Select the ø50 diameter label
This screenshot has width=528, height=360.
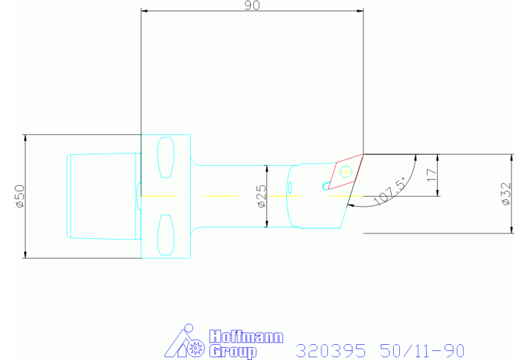(x=19, y=196)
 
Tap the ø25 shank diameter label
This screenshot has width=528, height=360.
(x=261, y=196)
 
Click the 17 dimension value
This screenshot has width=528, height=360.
(x=432, y=175)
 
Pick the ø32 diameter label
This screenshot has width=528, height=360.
(x=506, y=193)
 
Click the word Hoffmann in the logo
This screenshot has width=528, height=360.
(x=246, y=337)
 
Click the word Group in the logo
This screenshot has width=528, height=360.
(x=232, y=352)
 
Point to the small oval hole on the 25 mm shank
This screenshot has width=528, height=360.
(x=290, y=186)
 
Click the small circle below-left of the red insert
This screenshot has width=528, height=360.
(x=326, y=184)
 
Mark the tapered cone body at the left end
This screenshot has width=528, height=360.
(x=103, y=196)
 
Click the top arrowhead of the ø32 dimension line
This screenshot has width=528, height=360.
(x=512, y=158)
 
